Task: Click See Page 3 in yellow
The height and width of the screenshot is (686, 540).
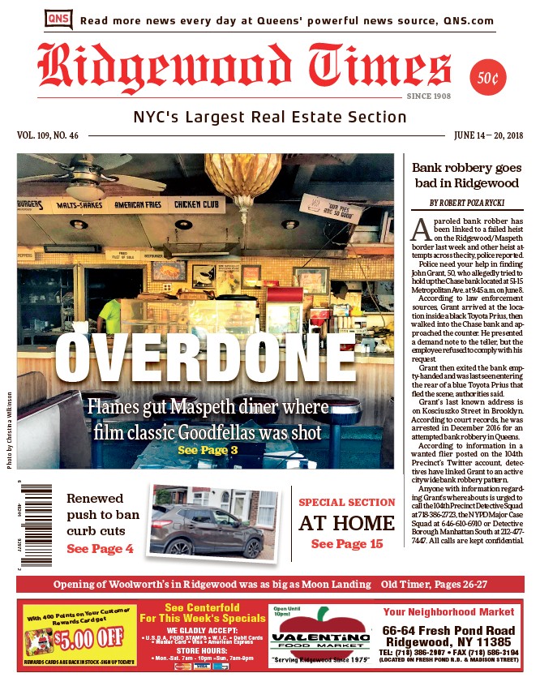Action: pos(208,449)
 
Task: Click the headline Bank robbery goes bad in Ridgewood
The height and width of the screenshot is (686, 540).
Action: pos(465,176)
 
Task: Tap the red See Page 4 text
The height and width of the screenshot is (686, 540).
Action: pos(100,549)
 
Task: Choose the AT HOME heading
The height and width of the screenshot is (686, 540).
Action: pos(346,524)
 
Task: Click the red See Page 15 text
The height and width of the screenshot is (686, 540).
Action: pos(346,544)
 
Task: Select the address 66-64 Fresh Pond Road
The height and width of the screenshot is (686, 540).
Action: pos(448,631)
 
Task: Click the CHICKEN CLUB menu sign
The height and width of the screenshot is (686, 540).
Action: pos(197,204)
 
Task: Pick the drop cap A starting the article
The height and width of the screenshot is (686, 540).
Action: pos(420,229)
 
